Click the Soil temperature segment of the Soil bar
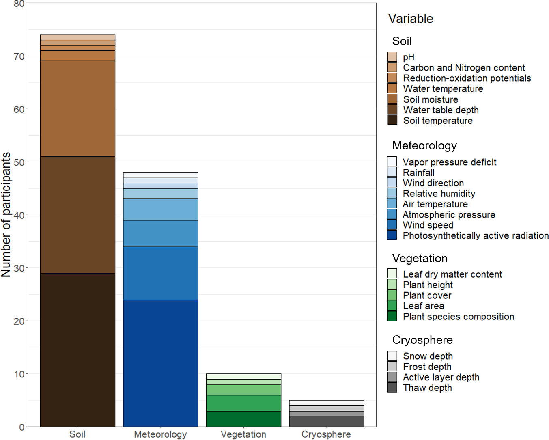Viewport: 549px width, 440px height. (78, 350)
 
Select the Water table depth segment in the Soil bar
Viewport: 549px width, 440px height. (78, 215)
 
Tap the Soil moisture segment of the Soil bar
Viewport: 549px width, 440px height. (78, 109)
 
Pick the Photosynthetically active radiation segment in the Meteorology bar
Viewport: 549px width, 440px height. (161, 363)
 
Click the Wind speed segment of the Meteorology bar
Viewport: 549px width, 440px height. (161, 273)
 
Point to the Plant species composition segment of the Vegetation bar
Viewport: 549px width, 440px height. (243, 419)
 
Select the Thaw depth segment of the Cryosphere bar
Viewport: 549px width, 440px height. (326, 421)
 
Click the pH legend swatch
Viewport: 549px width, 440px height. (392, 57)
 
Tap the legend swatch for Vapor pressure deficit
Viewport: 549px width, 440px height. (392, 162)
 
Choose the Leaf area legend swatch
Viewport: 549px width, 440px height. (392, 306)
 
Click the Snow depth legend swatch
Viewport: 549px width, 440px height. (392, 356)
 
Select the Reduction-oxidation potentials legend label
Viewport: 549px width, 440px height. (467, 78)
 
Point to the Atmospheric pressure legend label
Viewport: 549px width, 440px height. (449, 214)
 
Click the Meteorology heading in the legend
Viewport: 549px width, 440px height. (424, 145)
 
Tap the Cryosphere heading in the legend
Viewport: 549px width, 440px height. (422, 340)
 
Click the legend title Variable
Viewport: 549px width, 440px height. (411, 19)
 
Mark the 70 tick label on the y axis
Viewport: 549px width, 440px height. (19, 56)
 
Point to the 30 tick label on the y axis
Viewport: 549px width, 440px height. (19, 268)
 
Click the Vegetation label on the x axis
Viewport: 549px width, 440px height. (243, 434)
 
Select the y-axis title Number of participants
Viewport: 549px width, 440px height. (6, 215)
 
